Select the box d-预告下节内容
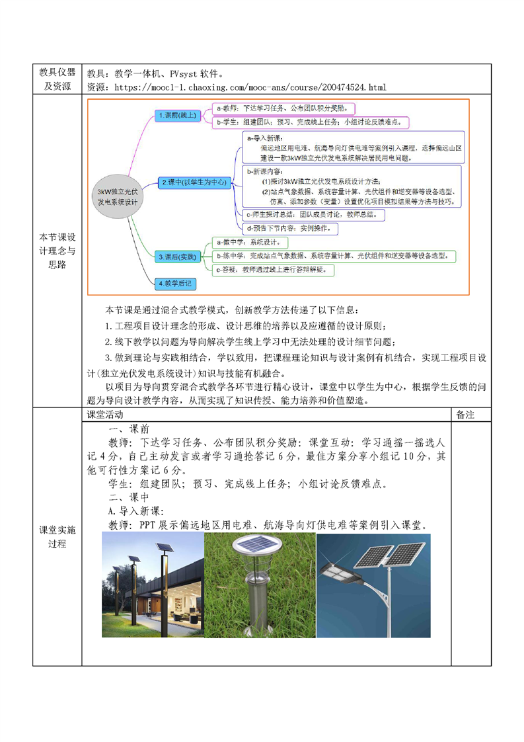(x=291, y=229)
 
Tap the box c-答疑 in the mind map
(x=274, y=270)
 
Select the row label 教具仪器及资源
(x=57, y=79)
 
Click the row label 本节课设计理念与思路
(x=57, y=251)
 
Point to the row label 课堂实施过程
(x=57, y=537)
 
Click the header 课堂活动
(x=105, y=415)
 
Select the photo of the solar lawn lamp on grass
(x=260, y=585)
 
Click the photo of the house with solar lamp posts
(x=153, y=585)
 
